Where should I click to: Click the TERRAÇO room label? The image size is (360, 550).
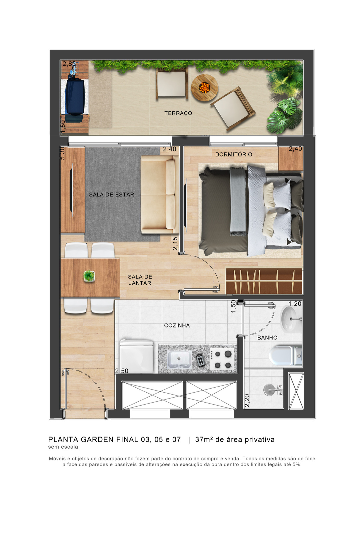(x=178, y=113)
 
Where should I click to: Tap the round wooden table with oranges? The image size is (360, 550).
(x=204, y=88)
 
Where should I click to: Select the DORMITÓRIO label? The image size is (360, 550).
(x=233, y=154)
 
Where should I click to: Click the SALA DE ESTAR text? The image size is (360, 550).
(x=111, y=195)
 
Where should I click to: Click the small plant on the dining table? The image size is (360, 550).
(x=89, y=276)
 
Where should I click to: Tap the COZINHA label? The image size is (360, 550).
(x=177, y=326)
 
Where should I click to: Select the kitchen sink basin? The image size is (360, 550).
(x=179, y=359)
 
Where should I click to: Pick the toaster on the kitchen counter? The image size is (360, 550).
(x=200, y=360)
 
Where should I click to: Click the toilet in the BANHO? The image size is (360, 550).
(x=285, y=356)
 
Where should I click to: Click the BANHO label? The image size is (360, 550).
(x=267, y=338)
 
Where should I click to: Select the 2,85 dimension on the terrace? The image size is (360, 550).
(x=69, y=64)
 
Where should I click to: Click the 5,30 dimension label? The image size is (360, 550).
(x=63, y=153)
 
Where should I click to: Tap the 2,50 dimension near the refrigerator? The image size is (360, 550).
(x=122, y=371)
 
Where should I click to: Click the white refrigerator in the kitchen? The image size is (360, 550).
(x=136, y=356)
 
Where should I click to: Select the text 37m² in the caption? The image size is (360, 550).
(x=204, y=440)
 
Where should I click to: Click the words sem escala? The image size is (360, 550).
(x=63, y=447)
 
